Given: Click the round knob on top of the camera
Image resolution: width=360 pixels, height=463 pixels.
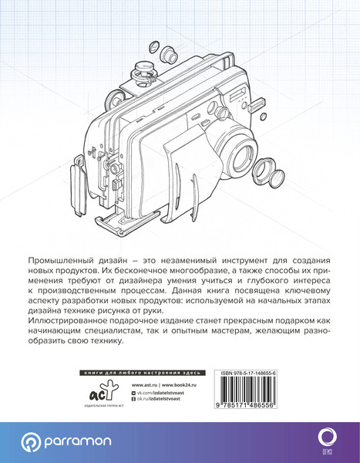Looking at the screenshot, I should (x=142, y=68).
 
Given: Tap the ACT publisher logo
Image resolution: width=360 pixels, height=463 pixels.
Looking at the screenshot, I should (x=98, y=393).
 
